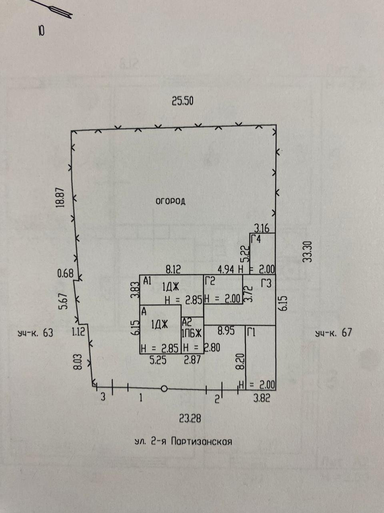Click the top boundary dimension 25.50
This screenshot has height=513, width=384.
(182, 101)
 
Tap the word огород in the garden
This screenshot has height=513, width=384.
(170, 201)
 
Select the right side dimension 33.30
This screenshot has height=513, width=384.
(307, 251)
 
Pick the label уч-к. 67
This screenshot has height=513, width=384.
(334, 333)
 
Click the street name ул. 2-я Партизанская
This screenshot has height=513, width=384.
(183, 442)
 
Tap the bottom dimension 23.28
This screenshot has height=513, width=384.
(190, 419)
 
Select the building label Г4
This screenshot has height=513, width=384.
(256, 240)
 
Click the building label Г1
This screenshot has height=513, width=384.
(252, 332)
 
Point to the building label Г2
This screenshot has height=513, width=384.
(210, 281)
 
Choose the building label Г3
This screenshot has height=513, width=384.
(266, 283)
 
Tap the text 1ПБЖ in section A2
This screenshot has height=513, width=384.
(192, 333)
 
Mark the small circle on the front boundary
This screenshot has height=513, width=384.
(164, 389)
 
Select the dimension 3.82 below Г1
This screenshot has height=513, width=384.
(262, 398)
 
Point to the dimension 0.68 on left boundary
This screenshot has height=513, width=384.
(66, 274)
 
